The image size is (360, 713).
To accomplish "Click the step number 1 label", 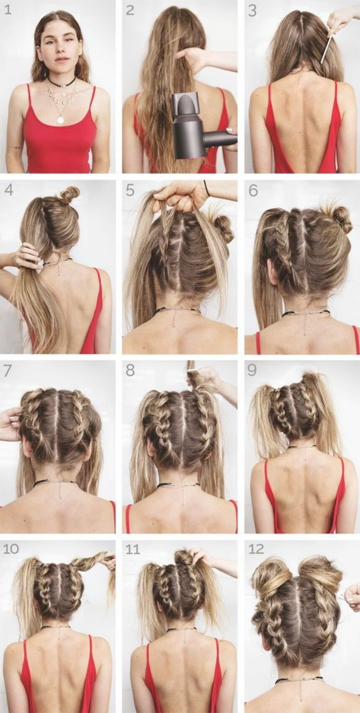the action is pyautogui.click(x=8, y=10).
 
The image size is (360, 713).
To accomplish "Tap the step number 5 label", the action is pyautogui.click(x=130, y=190).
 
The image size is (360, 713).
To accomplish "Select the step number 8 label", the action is pyautogui.click(x=130, y=371).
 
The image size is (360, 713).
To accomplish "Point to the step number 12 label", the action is pyautogui.click(x=256, y=549).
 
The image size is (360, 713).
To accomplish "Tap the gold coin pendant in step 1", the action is pyautogui.click(x=60, y=120).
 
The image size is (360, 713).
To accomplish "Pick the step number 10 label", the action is pyautogui.click(x=11, y=549).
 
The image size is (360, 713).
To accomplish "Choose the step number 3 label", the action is pyautogui.click(x=252, y=10).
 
